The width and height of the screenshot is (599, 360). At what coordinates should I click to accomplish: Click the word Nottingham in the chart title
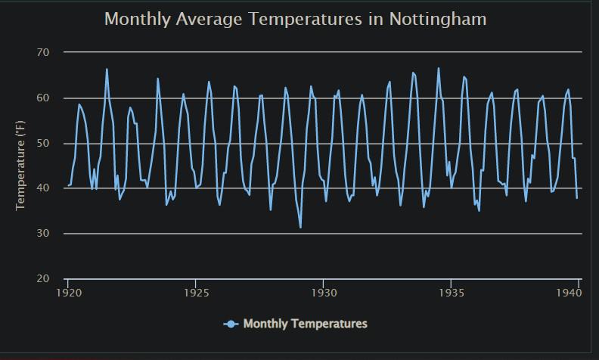437,19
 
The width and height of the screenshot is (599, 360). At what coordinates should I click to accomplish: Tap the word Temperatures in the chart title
306,19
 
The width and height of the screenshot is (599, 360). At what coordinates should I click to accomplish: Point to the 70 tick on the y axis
42,52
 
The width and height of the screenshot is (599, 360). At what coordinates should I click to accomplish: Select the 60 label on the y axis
42,98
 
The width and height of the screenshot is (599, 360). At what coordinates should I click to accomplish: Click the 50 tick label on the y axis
42,143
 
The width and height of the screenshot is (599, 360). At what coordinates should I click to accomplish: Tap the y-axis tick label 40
42,188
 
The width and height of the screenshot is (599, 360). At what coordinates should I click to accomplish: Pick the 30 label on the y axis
42,234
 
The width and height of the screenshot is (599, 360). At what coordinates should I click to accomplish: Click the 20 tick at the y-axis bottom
42,279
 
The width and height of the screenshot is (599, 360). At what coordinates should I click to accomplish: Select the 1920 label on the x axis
68,292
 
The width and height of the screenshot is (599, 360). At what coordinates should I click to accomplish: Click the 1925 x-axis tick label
196,292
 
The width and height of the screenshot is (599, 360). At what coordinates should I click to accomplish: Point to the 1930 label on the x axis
324,292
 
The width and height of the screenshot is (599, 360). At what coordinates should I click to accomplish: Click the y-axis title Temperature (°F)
21,165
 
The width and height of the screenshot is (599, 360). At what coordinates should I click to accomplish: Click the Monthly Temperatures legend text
305,324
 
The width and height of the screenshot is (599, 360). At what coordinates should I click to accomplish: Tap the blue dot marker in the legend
231,324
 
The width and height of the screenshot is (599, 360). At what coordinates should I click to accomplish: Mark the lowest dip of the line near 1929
300,227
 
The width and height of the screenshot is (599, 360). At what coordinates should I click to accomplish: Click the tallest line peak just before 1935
439,68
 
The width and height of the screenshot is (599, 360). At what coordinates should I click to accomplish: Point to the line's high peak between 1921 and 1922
107,69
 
